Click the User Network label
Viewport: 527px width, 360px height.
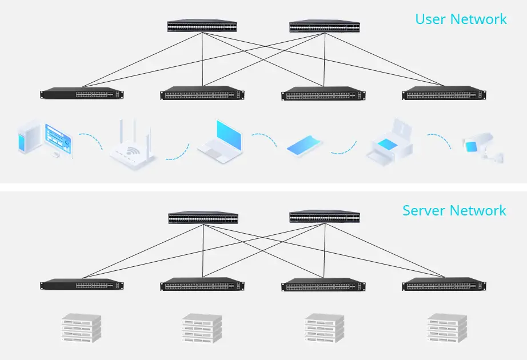click(461, 19)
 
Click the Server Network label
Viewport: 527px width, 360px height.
click(454, 210)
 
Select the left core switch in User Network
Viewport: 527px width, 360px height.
click(202, 26)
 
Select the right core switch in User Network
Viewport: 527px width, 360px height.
click(324, 26)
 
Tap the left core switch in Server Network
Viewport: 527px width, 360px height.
click(203, 218)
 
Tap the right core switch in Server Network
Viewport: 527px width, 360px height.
click(324, 217)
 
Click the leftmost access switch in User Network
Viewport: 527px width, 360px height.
click(82, 94)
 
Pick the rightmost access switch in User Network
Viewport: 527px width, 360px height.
click(445, 94)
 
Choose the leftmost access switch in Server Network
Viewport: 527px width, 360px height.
click(82, 285)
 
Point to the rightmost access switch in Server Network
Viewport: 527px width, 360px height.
click(445, 285)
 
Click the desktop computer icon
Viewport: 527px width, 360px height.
click(43, 138)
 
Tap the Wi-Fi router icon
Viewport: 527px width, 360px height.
click(132, 146)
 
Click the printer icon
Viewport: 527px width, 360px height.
click(389, 141)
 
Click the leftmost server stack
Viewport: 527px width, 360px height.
click(81, 328)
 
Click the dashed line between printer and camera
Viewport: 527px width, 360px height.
click(439, 140)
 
